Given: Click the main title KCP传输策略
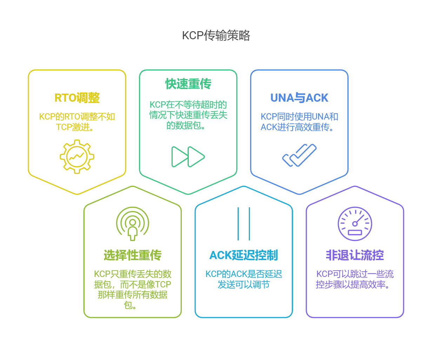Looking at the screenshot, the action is coord(216,35).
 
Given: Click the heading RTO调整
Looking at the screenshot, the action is coord(77,98).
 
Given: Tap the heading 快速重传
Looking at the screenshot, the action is coord(188,84).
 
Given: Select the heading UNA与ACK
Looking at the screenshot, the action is coord(299,98).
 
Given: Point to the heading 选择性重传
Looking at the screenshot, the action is coord(133,255).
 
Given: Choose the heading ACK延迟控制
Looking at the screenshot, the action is coord(244,255).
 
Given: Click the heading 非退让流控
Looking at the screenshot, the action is coord(355,255).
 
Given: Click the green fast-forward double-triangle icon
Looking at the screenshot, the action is coord(188,157).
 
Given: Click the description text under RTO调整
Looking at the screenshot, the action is coord(77,122).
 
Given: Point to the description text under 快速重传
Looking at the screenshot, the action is coord(188,115).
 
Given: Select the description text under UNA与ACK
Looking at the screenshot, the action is coord(299,122).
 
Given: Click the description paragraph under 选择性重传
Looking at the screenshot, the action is coord(133,289).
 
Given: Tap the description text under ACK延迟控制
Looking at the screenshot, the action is coord(244,279).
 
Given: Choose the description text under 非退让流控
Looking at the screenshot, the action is coord(355,279).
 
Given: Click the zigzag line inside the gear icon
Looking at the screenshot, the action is coord(77,156).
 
